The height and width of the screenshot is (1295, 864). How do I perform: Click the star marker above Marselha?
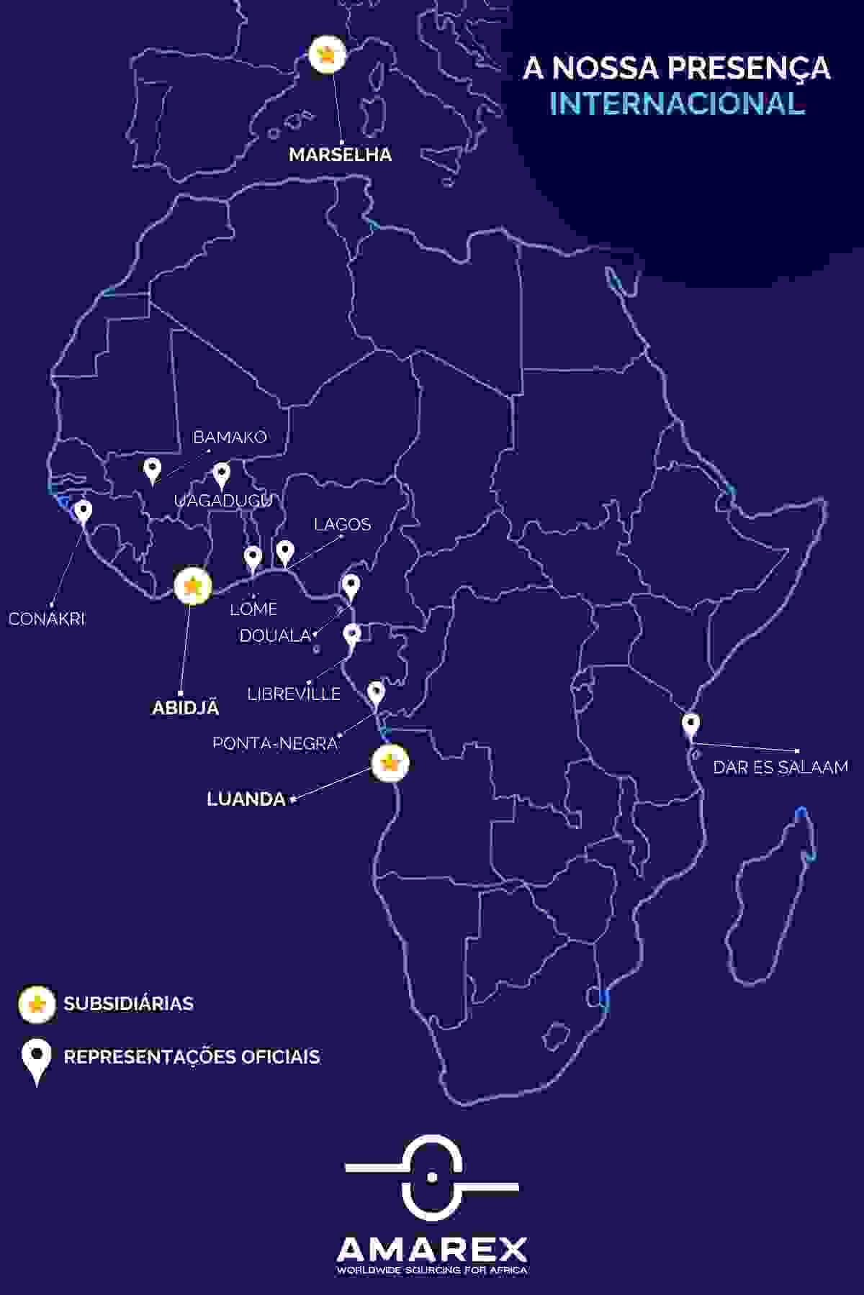[327, 55]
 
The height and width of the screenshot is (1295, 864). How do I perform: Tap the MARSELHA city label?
[340, 155]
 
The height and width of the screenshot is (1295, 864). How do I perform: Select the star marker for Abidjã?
[192, 587]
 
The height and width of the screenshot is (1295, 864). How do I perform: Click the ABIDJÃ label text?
[185, 708]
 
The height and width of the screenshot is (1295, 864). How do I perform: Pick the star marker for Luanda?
[390, 763]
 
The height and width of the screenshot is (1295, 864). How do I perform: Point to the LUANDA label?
[246, 799]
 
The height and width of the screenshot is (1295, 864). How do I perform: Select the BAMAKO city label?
[230, 437]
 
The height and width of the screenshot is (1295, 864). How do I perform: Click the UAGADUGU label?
[223, 501]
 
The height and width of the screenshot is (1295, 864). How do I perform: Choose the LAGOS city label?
[342, 524]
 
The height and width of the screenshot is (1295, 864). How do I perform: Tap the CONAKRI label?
[47, 619]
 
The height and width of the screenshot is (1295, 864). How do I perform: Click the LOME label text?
[253, 609]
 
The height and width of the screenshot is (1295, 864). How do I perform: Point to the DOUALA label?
[274, 636]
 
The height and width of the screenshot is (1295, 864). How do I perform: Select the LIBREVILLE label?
[294, 694]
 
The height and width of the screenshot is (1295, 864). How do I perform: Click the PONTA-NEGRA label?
[275, 743]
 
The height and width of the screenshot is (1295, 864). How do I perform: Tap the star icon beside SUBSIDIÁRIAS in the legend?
[37, 1004]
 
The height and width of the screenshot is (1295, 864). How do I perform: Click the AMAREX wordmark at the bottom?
[432, 1248]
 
